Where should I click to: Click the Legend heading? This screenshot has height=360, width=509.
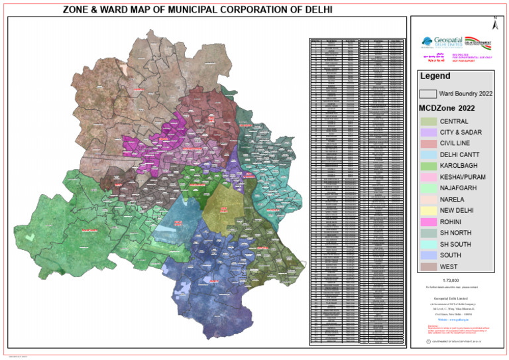click(435, 76)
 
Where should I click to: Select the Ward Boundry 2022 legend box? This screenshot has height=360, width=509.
click(428, 94)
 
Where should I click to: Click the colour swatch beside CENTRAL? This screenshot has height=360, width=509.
click(428, 122)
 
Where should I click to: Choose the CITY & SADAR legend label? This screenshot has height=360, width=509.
click(461, 133)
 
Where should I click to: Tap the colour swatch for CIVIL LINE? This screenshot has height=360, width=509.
click(428, 143)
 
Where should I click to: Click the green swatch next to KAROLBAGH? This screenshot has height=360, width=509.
click(428, 165)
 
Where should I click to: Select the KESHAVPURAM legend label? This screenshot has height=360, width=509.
click(463, 177)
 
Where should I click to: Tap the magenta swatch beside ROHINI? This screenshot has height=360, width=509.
click(428, 221)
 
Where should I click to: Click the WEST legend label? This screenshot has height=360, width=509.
click(449, 267)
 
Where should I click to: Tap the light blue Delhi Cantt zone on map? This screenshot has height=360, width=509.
click(180, 219)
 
